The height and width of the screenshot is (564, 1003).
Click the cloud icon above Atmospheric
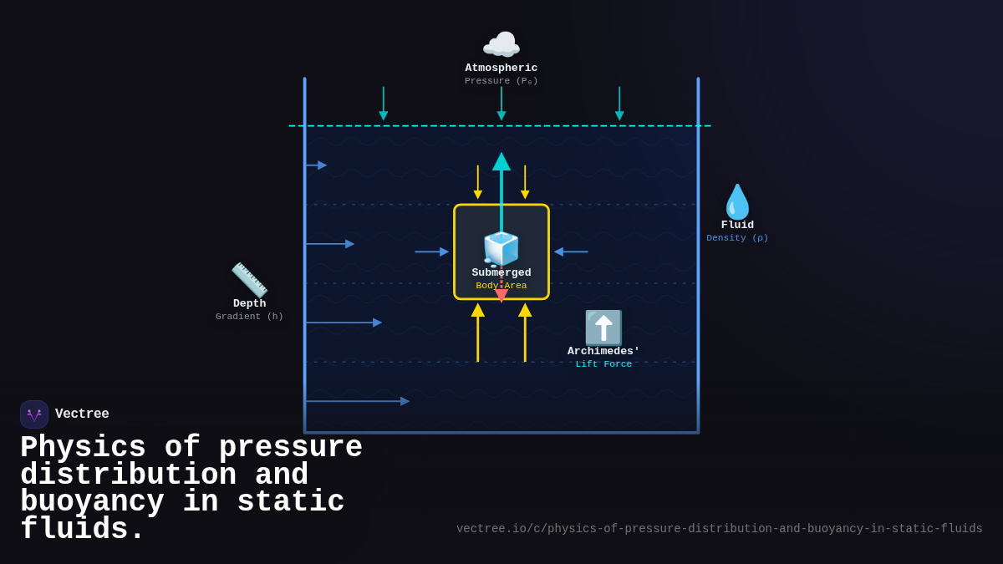501,45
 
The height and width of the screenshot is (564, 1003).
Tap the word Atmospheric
501,69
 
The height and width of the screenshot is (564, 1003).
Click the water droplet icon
736,201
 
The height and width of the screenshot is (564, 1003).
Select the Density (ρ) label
737,238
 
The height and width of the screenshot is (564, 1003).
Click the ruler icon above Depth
249,280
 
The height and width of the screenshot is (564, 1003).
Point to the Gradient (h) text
249,317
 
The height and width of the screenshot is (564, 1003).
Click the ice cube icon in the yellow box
501,249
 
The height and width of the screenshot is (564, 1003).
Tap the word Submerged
501,273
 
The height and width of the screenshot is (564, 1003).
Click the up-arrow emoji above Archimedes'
603,328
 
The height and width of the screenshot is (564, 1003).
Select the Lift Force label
603,364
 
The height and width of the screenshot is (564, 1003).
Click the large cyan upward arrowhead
501,162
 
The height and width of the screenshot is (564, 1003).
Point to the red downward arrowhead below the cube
501,296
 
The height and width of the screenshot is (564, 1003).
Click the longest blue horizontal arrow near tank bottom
358,401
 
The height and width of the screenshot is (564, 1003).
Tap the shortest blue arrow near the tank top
317,165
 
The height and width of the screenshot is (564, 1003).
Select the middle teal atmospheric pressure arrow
501,104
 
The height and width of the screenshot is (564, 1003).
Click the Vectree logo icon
34,414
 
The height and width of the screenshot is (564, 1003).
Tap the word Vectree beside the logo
82,414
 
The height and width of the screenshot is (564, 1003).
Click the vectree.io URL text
719,529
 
